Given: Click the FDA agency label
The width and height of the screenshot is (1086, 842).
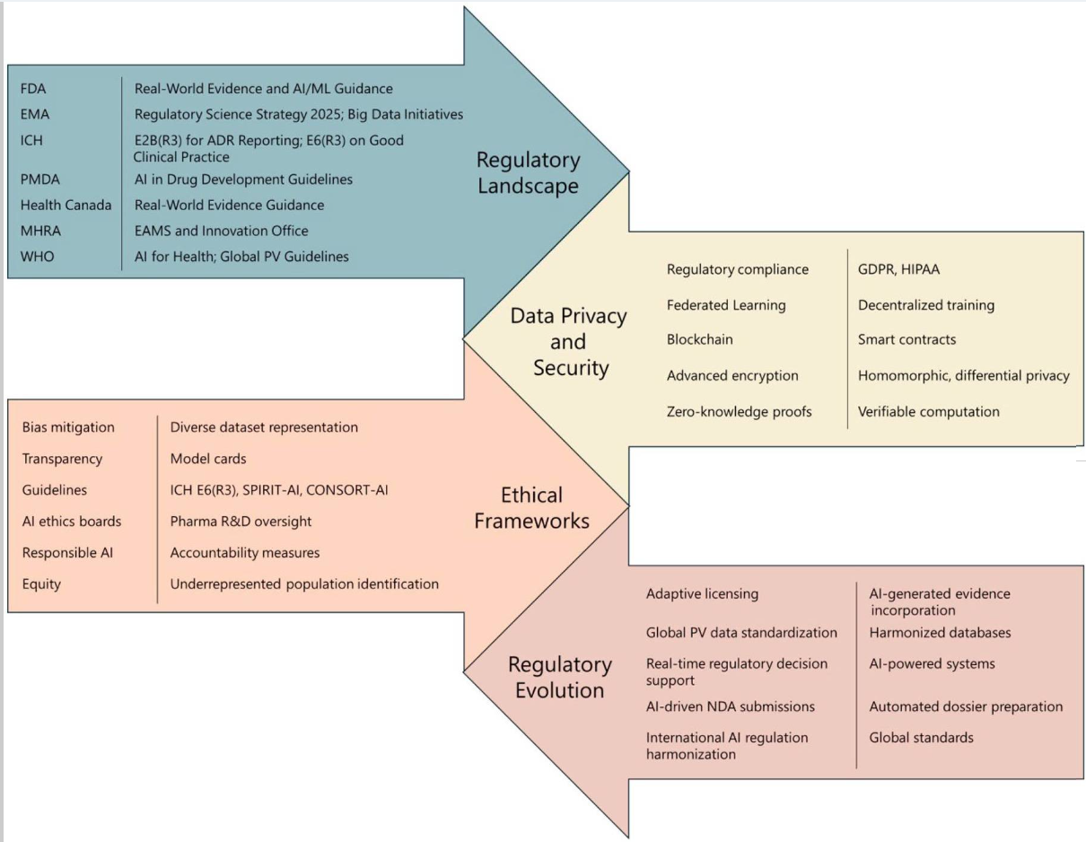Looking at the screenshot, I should tap(34, 89).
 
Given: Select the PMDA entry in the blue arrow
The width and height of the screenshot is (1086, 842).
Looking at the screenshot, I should tap(39, 180).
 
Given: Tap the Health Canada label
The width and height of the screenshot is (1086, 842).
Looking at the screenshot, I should tap(66, 206).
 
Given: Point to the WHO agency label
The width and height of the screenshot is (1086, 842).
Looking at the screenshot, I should tap(37, 257).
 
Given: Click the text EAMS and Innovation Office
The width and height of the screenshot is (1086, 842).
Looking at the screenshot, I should tap(221, 231).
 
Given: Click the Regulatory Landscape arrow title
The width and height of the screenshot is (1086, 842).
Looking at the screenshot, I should tap(528, 171).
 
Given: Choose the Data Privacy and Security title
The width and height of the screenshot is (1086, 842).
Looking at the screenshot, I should tap(568, 341).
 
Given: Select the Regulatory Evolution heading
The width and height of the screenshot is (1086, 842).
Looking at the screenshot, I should tap(559, 677).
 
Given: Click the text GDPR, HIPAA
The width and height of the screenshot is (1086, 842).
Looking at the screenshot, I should tap(898, 269).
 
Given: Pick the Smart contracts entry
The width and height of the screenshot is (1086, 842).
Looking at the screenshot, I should tap(906, 340).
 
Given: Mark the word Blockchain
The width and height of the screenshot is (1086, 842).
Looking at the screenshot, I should tap(700, 340).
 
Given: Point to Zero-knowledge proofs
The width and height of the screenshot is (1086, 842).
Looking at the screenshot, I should tap(739, 412).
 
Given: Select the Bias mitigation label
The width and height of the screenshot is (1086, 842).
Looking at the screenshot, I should tap(68, 427).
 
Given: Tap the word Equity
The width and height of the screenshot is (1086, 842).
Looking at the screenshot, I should tap(41, 584).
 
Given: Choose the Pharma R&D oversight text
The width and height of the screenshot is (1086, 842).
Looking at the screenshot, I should tap(241, 522).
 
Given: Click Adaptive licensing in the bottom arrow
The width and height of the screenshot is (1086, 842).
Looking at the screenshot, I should tap(702, 594).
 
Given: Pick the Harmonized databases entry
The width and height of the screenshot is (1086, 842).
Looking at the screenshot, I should tap(940, 633).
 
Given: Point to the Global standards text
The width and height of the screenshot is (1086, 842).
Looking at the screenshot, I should tap(921, 738).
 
